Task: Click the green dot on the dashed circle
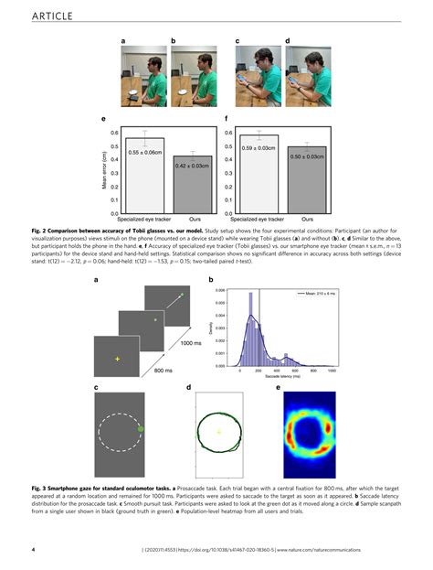(141, 427)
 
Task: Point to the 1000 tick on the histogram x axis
(331, 370)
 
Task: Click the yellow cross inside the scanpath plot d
(218, 430)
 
